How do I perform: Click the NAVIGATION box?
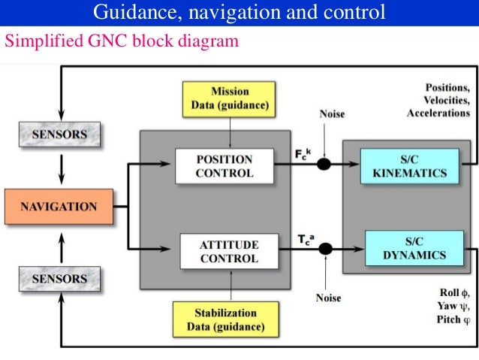pos(58,206)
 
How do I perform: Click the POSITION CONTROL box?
pos(224,166)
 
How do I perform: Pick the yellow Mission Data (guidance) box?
pos(229,98)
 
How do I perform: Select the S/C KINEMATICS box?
pos(409,166)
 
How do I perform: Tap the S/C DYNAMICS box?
pos(415,248)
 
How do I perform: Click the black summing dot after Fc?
pos(324,164)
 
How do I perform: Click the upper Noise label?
pos(333,114)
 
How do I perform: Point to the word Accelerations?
pos(438,113)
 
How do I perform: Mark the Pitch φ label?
pos(453,319)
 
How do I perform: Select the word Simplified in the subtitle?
pos(37,42)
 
